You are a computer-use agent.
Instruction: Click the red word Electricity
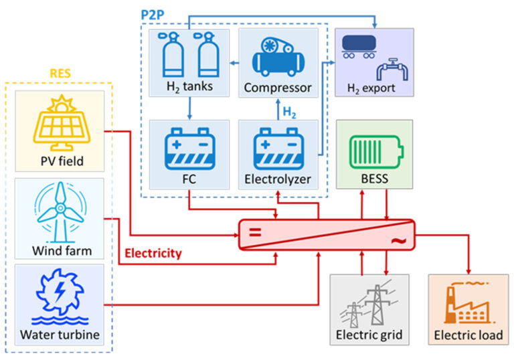click(153, 253)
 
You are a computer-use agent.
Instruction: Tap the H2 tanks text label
click(189, 88)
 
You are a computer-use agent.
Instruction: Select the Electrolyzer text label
click(277, 179)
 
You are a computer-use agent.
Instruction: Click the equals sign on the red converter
click(254, 234)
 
